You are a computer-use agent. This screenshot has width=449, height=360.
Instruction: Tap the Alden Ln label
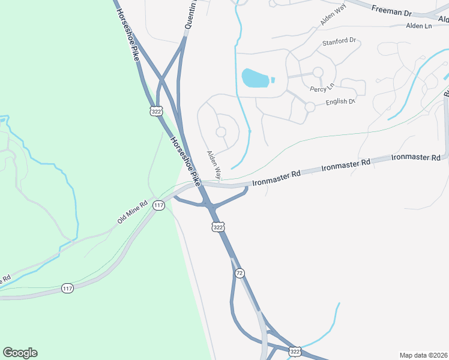pos(419,26)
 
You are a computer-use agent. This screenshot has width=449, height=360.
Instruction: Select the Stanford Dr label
pos(339,42)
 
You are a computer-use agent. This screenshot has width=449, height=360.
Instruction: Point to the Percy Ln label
pos(322,89)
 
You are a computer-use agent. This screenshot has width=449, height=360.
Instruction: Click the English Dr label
pos(340,101)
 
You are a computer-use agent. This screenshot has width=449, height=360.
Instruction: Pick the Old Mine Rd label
pos(132,212)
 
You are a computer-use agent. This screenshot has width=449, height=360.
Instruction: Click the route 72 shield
pos(240,273)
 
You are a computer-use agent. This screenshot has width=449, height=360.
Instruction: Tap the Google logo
pos(20,353)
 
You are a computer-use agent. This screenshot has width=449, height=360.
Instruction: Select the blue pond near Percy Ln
pos(255,77)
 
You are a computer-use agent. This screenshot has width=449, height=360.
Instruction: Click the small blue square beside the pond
pos(273,80)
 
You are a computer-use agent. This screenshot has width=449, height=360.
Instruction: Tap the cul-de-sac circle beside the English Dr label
pos(310,107)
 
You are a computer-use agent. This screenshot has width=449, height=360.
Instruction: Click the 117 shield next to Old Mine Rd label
pos(158,206)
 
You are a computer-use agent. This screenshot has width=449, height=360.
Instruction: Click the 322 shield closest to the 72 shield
pos(218,227)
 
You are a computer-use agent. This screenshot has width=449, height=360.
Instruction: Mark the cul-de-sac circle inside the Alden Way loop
pos(221,131)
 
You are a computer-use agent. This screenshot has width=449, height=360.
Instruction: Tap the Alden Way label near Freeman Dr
pos(334,19)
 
